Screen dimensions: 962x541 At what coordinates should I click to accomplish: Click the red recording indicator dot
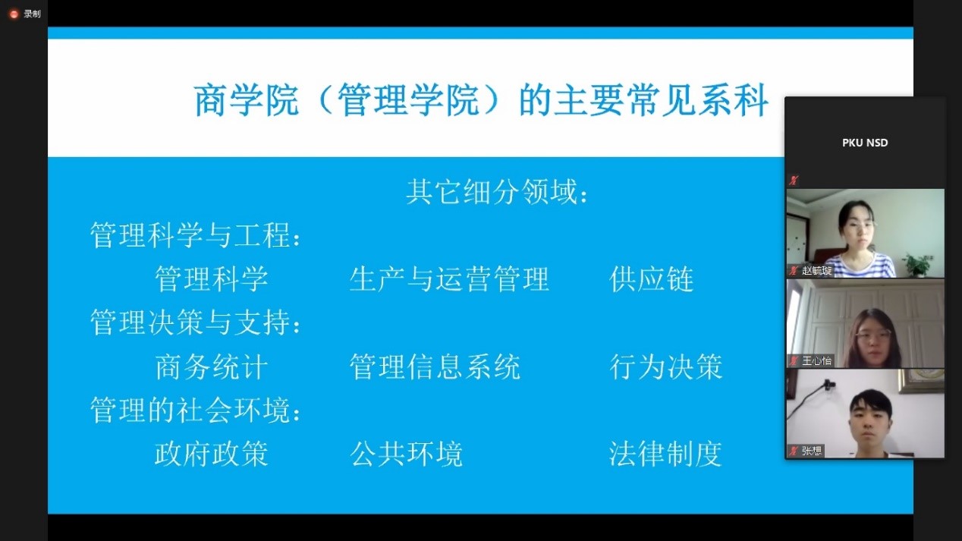[14, 14]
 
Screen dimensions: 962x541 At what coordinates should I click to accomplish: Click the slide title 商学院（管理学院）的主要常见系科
[481, 100]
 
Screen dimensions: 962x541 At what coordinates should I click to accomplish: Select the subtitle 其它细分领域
[492, 191]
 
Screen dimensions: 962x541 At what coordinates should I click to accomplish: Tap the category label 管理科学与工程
[190, 235]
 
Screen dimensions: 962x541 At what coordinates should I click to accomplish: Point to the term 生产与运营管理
[449, 279]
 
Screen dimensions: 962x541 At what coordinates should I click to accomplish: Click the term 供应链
[652, 279]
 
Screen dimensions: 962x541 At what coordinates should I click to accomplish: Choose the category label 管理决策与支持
[190, 322]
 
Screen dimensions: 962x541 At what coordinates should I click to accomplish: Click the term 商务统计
[212, 367]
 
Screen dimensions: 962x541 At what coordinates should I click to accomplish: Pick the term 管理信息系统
[435, 367]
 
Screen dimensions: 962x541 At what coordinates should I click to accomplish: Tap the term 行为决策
[666, 367]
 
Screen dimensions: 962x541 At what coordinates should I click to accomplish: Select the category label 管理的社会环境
[190, 410]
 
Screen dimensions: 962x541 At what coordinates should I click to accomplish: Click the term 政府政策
[212, 454]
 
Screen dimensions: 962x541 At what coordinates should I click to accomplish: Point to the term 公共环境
[407, 454]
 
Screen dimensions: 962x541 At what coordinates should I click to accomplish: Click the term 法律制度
[665, 454]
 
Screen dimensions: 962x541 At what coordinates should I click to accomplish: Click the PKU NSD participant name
[865, 143]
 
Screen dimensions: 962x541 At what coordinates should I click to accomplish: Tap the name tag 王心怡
[816, 360]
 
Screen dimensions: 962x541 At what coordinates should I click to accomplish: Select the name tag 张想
[811, 451]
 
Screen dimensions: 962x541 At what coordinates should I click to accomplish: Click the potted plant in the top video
[918, 265]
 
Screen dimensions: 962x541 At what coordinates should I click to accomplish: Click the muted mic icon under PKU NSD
[794, 181]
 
